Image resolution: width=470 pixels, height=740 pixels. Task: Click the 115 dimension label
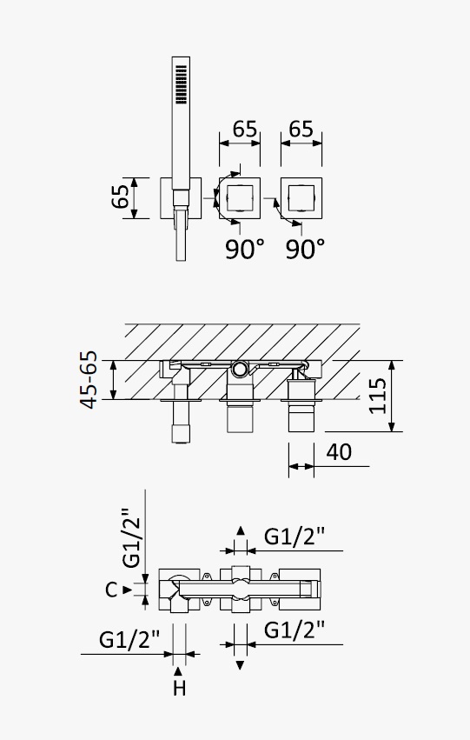pyautogui.click(x=378, y=396)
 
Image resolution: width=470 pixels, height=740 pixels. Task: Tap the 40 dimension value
pyautogui.click(x=339, y=452)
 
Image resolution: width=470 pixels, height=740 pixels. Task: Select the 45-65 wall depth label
pyautogui.click(x=89, y=379)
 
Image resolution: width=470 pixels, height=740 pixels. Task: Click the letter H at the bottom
pyautogui.click(x=179, y=688)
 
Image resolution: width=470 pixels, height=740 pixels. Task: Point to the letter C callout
pyautogui.click(x=111, y=590)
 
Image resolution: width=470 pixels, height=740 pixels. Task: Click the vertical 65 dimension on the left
pyautogui.click(x=120, y=197)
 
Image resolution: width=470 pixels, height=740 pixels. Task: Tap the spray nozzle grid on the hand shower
pyautogui.click(x=181, y=84)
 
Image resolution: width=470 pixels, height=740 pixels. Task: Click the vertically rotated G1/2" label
pyautogui.click(x=131, y=538)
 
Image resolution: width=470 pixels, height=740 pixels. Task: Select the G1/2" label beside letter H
pyautogui.click(x=129, y=640)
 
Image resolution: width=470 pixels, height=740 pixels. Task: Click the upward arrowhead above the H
pyautogui.click(x=178, y=671)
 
